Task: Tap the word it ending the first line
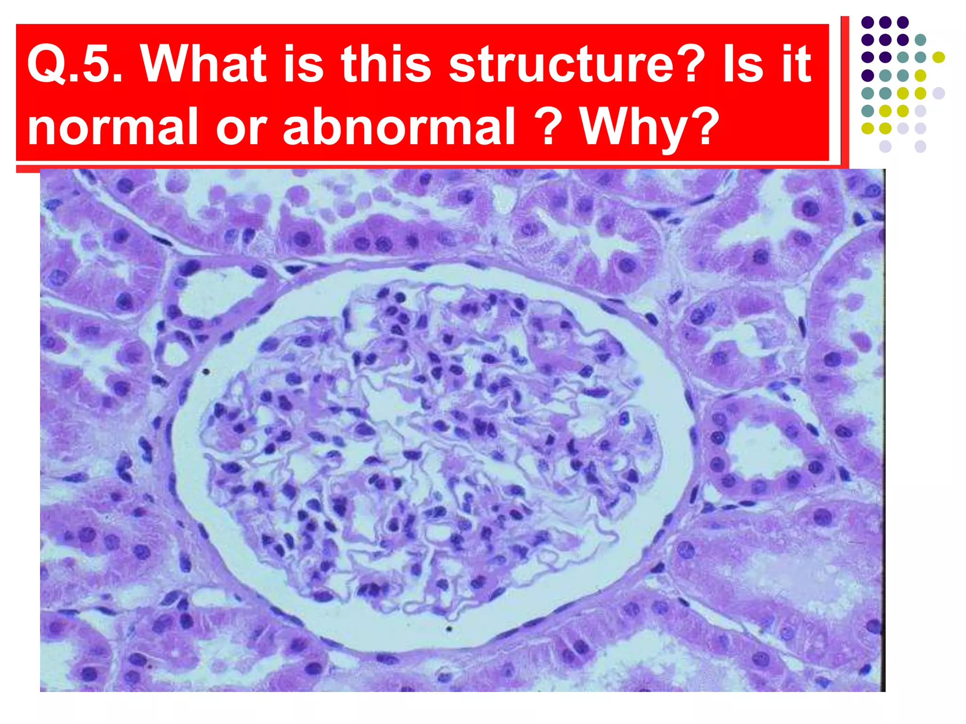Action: point(797,64)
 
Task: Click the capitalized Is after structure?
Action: point(743,64)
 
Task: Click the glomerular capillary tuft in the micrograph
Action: point(425,448)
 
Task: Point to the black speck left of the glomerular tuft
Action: point(206,372)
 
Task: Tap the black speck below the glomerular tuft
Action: point(449,628)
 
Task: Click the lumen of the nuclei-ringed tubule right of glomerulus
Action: point(759,448)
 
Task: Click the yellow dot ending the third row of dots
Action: point(939,58)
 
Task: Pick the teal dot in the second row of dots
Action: point(920,40)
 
